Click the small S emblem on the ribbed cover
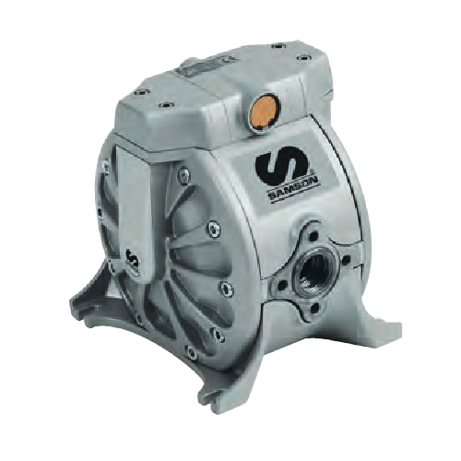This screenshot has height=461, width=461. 135,260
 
